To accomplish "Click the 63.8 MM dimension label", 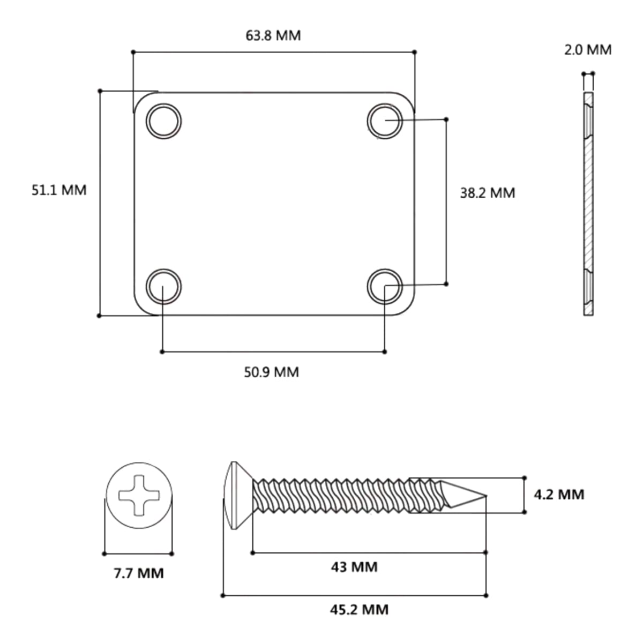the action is click(273, 36).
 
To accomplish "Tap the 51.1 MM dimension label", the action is click(59, 190).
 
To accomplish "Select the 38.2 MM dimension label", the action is click(488, 193).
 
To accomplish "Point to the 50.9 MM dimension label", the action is click(271, 372).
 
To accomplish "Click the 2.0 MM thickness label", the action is click(588, 50).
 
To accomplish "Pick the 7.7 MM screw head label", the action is click(139, 573).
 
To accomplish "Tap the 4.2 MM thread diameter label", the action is click(559, 495).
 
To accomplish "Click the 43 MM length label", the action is click(354, 567).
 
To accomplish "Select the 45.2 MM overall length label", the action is click(359, 610).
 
